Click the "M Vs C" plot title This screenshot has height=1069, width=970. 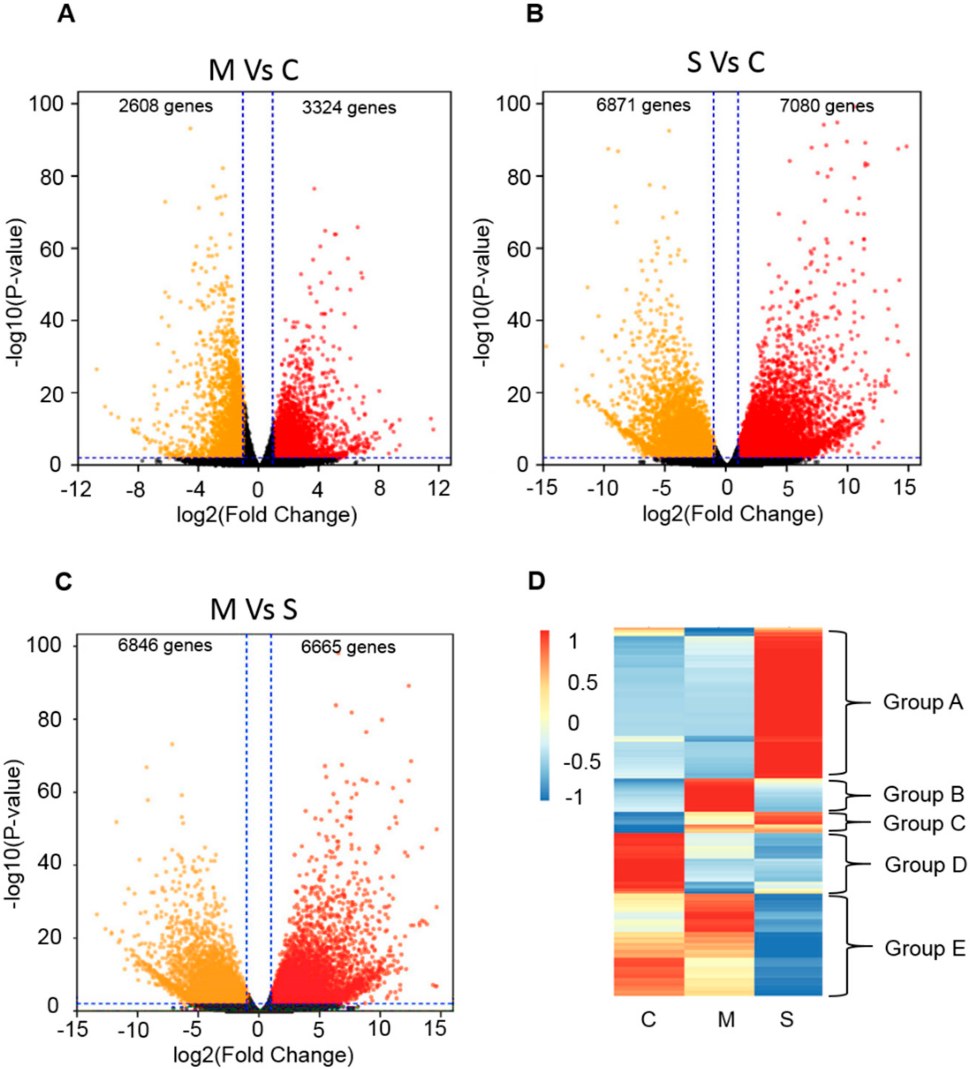coord(254,70)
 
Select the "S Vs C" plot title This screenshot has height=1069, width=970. coord(726,63)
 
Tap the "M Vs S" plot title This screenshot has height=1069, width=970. coord(254,610)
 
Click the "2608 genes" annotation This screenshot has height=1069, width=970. coord(166,106)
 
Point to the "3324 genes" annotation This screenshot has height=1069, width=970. coord(349,108)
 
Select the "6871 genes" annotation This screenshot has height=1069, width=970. coord(643,106)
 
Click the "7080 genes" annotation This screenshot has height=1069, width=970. coord(827,106)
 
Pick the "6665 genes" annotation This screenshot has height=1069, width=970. coord(348,647)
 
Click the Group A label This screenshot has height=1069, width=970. coord(923,702)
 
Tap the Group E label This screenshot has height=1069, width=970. coord(925,948)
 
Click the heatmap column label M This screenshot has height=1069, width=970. coord(726,1019)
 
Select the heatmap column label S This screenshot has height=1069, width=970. coord(786,1019)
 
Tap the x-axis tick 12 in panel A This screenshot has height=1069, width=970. coord(439,489)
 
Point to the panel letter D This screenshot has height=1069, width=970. coord(536,581)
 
